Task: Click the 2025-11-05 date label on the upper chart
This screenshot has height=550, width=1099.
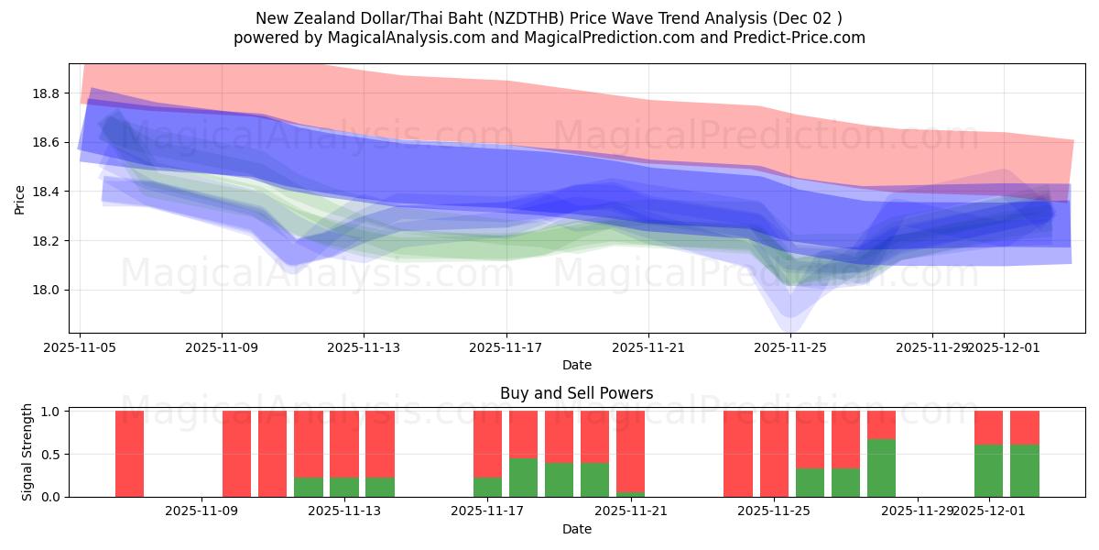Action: pyautogui.click(x=80, y=348)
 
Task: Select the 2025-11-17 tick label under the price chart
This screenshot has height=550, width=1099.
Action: pyautogui.click(x=506, y=348)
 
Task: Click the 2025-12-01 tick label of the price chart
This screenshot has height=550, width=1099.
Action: pyautogui.click(x=1003, y=348)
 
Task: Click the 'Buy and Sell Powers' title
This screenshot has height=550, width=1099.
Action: pyautogui.click(x=576, y=393)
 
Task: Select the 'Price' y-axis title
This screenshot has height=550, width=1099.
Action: pyautogui.click(x=21, y=199)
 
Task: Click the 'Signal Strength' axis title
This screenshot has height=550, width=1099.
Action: pyautogui.click(x=27, y=452)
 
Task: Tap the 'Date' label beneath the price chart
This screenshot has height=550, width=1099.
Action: pyautogui.click(x=576, y=365)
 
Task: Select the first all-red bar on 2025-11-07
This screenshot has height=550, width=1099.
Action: pyautogui.click(x=130, y=454)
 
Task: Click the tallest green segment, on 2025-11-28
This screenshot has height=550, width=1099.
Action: pyautogui.click(x=881, y=468)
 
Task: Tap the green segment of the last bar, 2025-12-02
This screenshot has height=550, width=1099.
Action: pyautogui.click(x=1024, y=470)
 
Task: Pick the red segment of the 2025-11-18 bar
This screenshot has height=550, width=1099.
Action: pyautogui.click(x=523, y=434)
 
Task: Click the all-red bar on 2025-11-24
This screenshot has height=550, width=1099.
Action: pyautogui.click(x=738, y=454)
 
